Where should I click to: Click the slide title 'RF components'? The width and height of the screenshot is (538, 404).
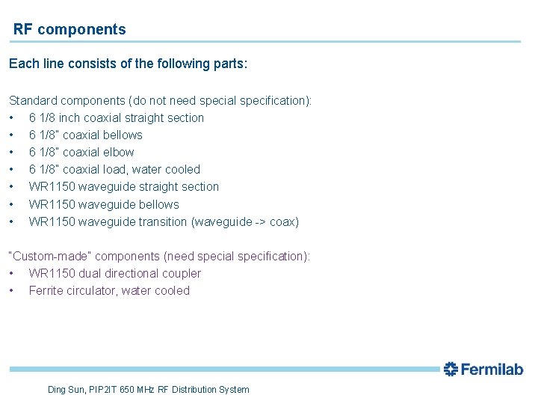coord(69,30)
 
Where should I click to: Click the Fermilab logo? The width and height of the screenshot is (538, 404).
coord(483,369)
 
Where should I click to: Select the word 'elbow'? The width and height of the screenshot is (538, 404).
coord(119,152)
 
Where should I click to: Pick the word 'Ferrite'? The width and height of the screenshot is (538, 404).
coord(46,290)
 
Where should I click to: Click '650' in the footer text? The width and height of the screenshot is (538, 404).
coord(127,389)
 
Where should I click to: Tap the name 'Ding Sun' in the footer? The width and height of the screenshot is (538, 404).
coord(65,389)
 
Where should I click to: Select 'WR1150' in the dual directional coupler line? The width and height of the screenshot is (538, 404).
coord(50,273)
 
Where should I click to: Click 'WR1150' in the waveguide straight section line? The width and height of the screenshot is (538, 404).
coord(50,186)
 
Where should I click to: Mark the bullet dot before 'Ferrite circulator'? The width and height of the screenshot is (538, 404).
coord(12,290)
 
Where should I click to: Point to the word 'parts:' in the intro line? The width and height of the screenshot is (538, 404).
coord(228,64)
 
